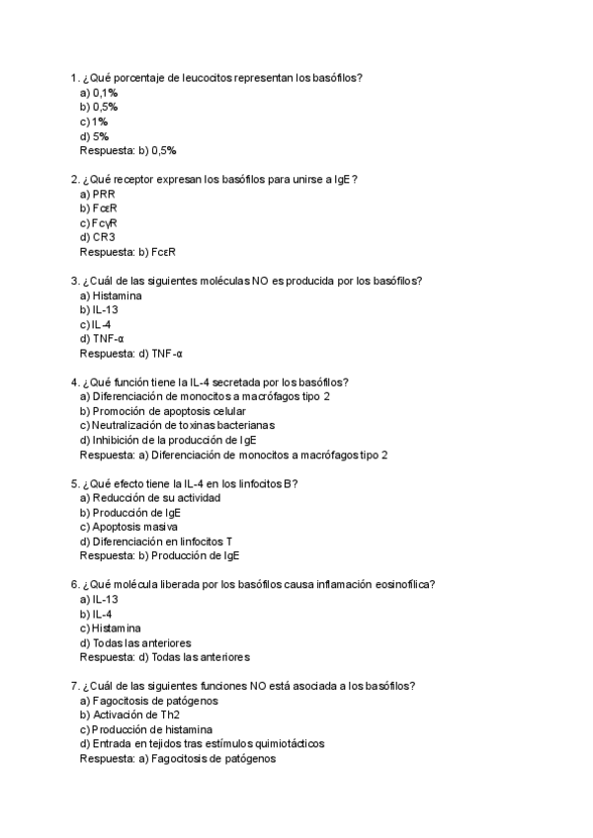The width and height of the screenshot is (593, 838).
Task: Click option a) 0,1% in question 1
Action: (98, 92)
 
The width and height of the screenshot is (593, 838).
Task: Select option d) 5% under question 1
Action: (94, 135)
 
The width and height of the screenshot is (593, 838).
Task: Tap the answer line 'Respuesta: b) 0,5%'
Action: (127, 150)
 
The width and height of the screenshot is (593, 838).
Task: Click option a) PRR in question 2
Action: (97, 194)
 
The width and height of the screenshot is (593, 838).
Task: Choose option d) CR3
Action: (97, 237)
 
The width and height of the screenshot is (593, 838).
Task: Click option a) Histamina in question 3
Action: (110, 295)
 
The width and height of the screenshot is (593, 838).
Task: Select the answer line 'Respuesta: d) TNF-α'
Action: (131, 353)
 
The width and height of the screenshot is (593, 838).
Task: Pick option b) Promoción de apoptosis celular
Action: (163, 411)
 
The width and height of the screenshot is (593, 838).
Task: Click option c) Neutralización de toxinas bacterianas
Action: (177, 426)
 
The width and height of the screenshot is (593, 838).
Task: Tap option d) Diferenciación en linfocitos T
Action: (155, 542)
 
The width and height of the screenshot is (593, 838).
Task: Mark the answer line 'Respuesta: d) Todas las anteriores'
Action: (164, 657)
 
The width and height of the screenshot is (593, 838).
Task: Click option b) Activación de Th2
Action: (129, 715)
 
